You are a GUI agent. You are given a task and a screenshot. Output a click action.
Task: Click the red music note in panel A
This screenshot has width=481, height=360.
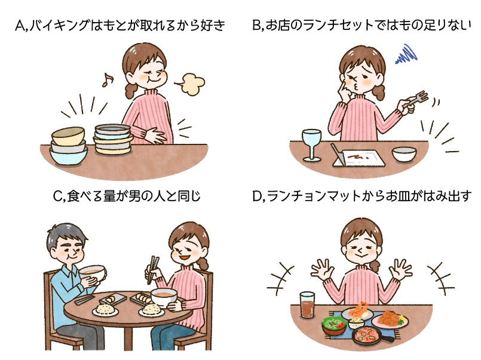[108, 79]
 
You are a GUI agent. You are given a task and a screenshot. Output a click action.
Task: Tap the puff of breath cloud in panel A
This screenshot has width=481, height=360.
[190, 84]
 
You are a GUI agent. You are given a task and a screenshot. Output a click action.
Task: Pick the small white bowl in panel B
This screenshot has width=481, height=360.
[404, 155]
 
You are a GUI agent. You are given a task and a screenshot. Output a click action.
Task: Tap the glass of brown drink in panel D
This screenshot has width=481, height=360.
[307, 307]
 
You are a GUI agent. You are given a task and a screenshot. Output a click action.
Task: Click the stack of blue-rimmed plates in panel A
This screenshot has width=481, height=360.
[113, 139]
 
